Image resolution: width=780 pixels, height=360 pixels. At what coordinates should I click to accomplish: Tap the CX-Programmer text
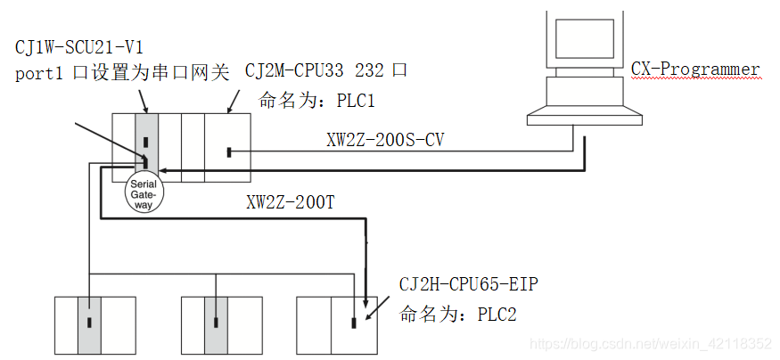[x=694, y=70]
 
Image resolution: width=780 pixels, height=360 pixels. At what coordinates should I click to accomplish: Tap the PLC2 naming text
[x=458, y=315]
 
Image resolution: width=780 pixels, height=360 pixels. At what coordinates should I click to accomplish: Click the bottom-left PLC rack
[x=95, y=325]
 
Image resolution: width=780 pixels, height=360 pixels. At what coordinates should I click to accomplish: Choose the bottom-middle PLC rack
[x=222, y=325]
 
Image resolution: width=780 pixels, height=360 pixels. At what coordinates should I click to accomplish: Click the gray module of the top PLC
[x=145, y=143]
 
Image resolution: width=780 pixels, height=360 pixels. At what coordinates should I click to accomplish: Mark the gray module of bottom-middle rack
[x=216, y=325]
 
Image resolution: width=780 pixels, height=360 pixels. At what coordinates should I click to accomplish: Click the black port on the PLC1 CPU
[x=229, y=154]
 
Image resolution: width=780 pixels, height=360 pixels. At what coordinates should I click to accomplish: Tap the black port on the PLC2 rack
[x=354, y=323]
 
